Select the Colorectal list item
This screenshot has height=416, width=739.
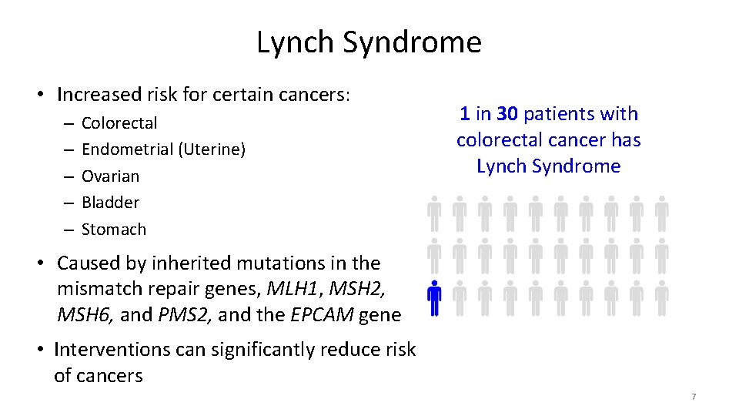[119, 123]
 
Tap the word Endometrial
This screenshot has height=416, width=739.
[127, 149]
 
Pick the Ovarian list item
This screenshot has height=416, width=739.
[110, 176]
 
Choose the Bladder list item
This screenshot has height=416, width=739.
[110, 203]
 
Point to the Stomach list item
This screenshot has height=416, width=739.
[113, 230]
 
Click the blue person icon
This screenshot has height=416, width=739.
[434, 298]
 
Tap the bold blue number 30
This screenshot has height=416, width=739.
[507, 114]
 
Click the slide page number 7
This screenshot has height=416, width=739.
[694, 397]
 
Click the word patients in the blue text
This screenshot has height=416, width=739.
[557, 114]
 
